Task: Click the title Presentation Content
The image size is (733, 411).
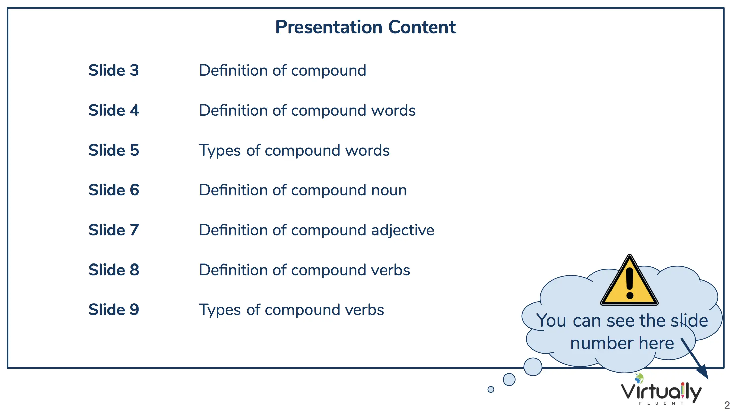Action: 365,27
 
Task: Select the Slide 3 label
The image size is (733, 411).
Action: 113,70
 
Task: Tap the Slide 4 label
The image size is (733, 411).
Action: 113,110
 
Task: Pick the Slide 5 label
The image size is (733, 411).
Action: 113,150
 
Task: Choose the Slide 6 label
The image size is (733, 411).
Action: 113,190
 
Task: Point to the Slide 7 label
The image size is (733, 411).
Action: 113,230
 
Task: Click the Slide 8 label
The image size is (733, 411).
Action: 113,270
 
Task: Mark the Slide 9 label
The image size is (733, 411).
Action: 113,310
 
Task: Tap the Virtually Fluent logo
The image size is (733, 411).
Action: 661,390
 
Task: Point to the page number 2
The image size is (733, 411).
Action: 727,405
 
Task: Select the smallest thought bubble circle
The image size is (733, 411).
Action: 491,389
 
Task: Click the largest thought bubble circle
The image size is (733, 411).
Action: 533,367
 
